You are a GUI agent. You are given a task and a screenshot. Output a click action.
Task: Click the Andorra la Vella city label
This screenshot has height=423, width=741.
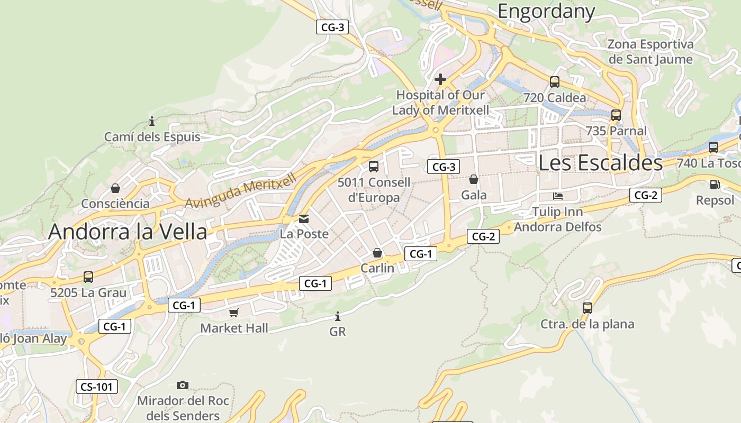(128, 232)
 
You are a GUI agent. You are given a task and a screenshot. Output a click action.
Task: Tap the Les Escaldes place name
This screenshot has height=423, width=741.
(600, 162)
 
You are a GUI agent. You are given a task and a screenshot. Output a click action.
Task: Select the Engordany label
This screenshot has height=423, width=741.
(546, 11)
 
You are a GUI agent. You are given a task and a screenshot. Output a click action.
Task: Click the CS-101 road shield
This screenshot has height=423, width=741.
(96, 387)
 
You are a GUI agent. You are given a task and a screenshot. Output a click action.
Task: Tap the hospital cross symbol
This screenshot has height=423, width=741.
(440, 80)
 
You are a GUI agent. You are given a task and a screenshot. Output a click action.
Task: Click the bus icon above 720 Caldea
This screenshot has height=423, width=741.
(554, 82)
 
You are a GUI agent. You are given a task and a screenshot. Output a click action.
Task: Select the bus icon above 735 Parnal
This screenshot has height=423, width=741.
(616, 115)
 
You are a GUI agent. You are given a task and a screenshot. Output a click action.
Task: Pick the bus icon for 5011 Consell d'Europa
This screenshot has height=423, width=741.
(374, 167)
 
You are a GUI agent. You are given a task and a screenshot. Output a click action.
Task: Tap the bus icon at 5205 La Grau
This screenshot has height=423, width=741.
(88, 277)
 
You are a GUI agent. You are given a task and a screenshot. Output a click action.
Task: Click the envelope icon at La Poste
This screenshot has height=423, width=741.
(304, 218)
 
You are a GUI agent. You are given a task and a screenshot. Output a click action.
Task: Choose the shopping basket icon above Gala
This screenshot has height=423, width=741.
(474, 180)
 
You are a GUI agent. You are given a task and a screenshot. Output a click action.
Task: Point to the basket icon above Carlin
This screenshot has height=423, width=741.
(377, 253)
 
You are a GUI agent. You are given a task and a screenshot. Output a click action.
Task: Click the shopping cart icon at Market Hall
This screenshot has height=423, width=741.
(234, 312)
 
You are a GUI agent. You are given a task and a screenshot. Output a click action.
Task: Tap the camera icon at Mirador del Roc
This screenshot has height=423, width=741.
(183, 385)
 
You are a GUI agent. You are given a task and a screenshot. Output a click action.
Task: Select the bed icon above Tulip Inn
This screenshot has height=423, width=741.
(558, 196)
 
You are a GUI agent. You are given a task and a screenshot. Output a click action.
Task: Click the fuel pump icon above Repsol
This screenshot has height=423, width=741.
(715, 185)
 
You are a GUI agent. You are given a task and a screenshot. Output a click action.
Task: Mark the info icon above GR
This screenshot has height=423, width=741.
(338, 317)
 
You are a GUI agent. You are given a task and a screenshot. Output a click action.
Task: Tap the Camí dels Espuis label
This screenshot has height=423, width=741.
(152, 137)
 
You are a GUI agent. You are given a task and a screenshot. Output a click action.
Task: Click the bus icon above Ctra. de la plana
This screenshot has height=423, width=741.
(587, 308)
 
